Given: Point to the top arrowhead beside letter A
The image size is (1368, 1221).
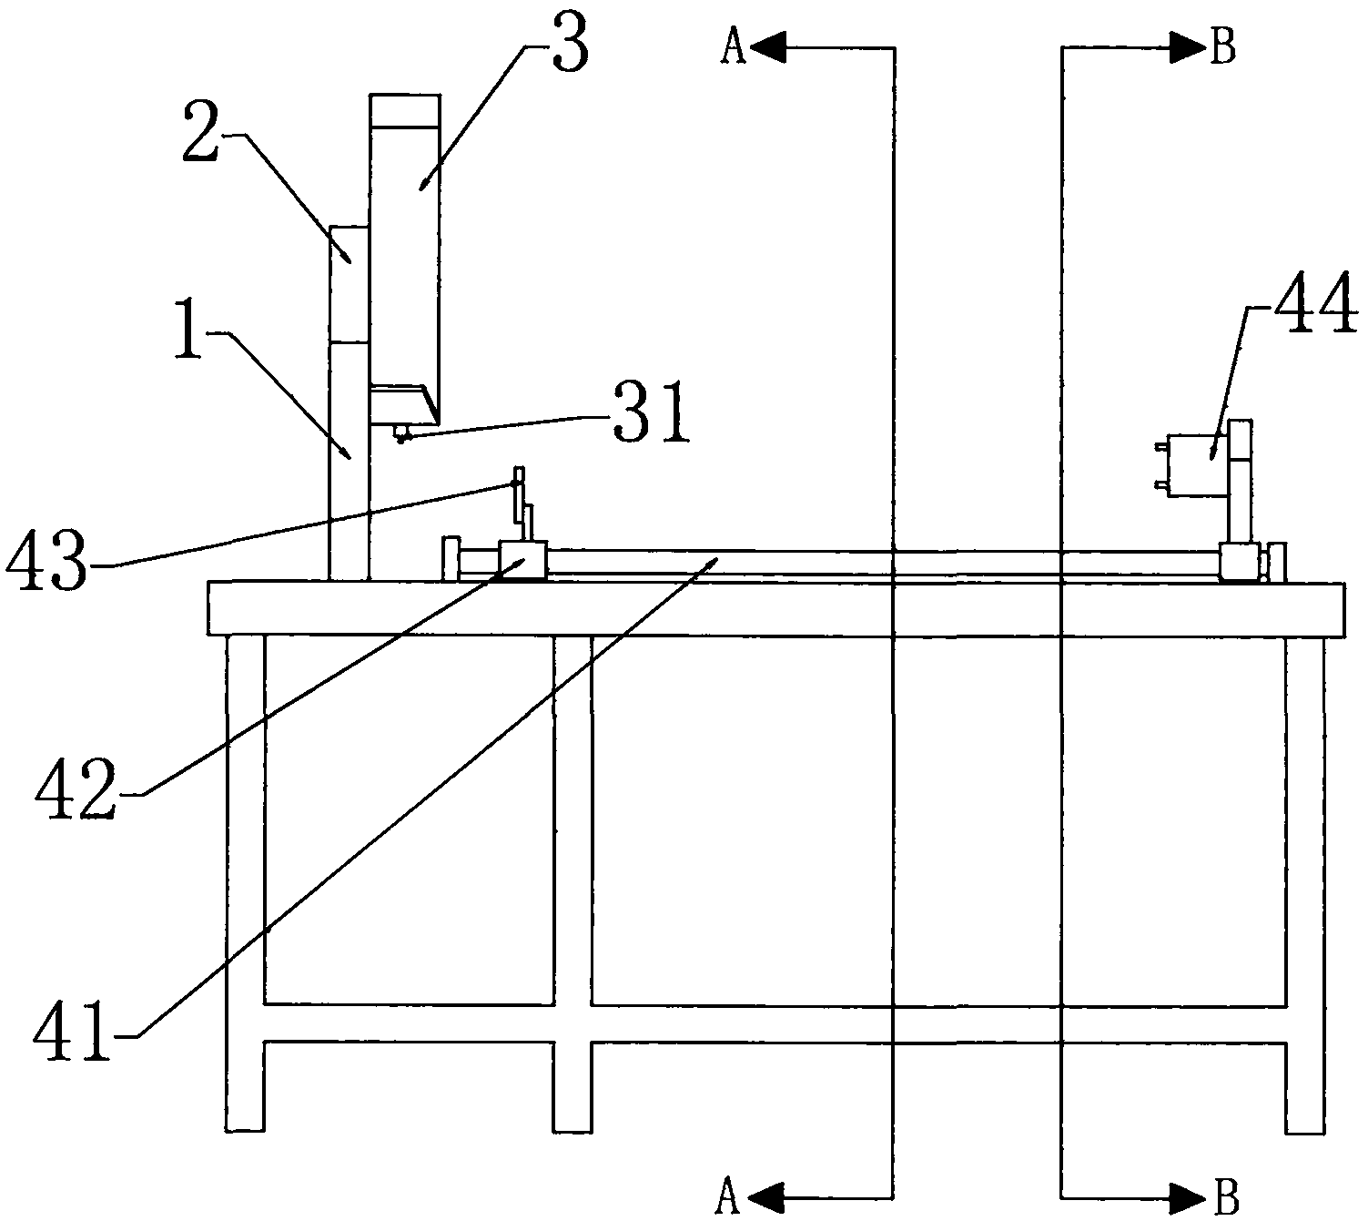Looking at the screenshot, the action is [x=767, y=48].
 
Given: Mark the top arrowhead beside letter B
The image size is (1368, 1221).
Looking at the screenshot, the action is [x=1188, y=48].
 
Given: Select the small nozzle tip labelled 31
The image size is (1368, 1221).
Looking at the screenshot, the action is [x=402, y=433].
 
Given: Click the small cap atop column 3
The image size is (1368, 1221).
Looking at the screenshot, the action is [x=405, y=110].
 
